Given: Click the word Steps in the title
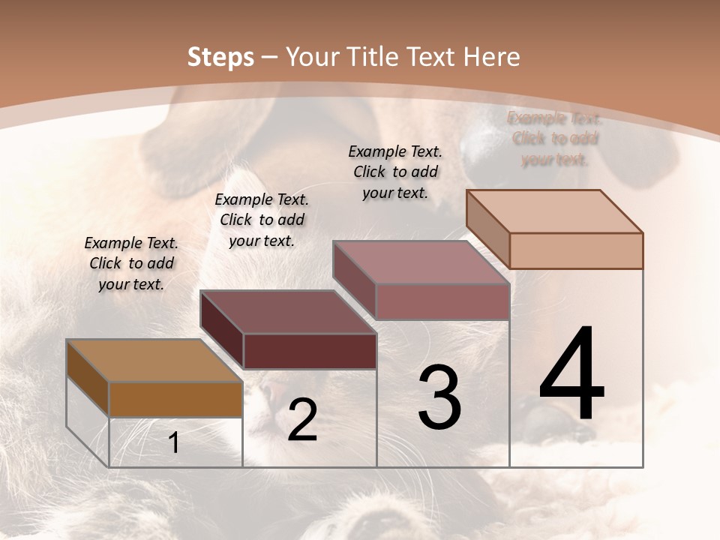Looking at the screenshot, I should point(220,57).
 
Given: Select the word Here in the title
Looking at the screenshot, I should point(491,57).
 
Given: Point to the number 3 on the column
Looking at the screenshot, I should point(439,397).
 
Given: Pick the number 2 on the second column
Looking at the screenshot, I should point(302,420).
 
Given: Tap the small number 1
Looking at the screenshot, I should point(174,442).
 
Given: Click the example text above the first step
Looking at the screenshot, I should point(131,263).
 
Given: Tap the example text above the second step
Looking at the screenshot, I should point(262,220).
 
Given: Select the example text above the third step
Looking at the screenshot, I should point(395,172).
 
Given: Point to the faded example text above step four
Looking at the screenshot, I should point(555,139).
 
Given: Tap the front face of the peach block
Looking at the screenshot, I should point(576,250).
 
